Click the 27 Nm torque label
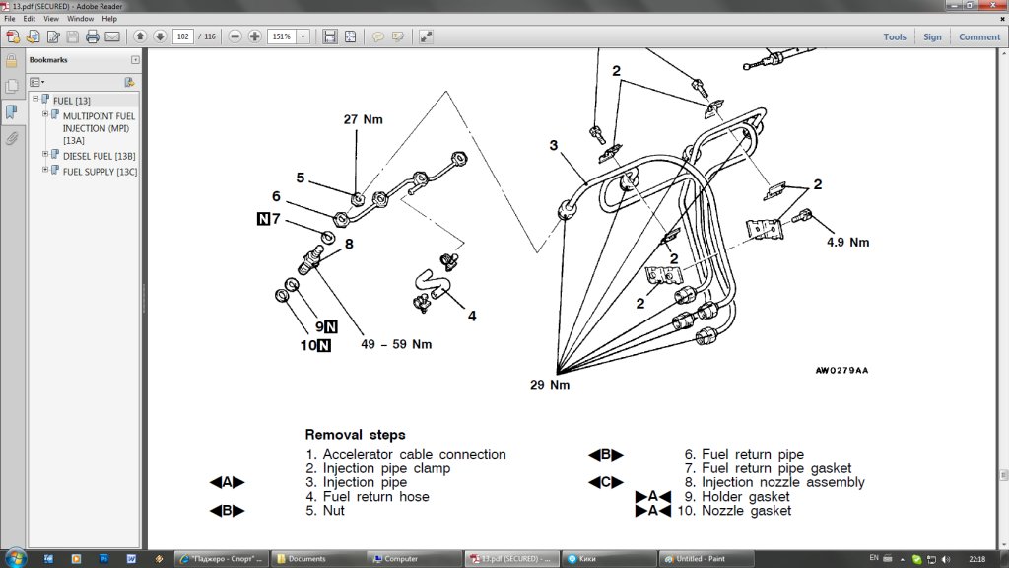click(363, 119)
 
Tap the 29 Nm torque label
click(550, 384)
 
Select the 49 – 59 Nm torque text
click(397, 344)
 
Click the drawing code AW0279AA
click(841, 372)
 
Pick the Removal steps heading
click(355, 434)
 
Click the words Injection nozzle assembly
click(782, 483)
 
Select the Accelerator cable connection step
click(414, 455)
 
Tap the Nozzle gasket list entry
click(746, 511)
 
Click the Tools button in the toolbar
click(895, 37)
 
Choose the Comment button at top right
click(979, 37)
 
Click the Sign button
click(932, 37)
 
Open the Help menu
click(109, 18)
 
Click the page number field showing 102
click(182, 36)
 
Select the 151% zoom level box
click(282, 36)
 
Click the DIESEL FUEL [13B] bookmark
click(99, 156)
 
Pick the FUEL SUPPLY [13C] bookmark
click(100, 171)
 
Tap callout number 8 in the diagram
click(349, 243)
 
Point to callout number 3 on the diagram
click(554, 145)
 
